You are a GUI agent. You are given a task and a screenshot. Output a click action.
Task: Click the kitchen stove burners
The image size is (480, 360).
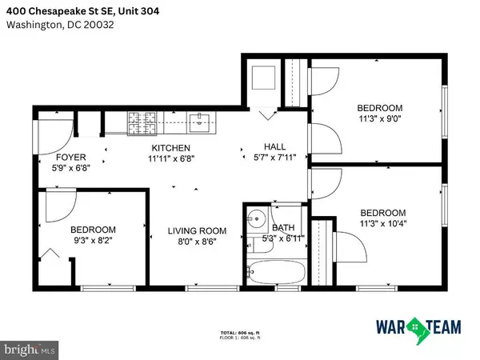pos(142,122)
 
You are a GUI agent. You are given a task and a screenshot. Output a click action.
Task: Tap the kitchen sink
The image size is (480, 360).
pos(198,122)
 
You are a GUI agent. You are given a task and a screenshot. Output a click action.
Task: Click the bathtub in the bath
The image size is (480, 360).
pos(275,272)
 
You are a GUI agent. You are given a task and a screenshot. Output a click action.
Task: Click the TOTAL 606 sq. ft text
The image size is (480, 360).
pos(240,332)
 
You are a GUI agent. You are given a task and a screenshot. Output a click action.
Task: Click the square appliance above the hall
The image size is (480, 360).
pos(262,78)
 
